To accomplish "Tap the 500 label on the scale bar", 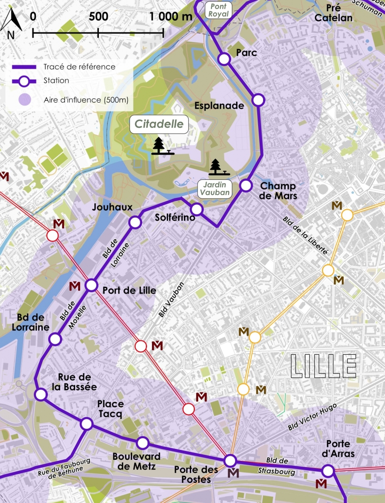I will (98, 16).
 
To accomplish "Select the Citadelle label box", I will (159, 124).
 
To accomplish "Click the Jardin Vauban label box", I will (215, 188).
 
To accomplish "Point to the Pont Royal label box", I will (218, 9).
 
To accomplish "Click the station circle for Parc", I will (224, 59).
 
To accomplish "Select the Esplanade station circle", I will (258, 100).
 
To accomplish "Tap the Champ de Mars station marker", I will (246, 186).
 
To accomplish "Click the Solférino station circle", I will (197, 209).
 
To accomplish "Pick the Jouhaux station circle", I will (135, 223).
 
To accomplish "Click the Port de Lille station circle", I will (91, 285).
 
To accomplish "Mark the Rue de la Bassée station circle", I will (40, 394).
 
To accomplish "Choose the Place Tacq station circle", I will (87, 423).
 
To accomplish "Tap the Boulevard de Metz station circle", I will (143, 443).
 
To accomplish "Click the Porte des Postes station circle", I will (230, 461).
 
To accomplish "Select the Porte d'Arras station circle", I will (328, 471).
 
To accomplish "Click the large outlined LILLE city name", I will (323, 366).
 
